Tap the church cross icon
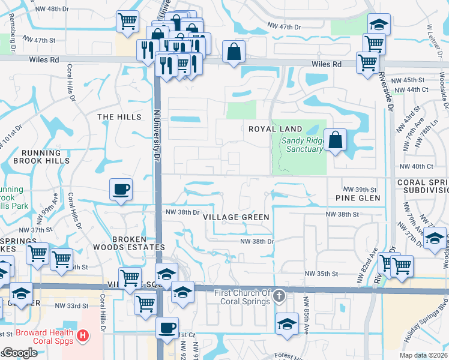click(x=279, y=296)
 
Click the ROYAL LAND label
click(x=275, y=129)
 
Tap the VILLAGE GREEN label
click(x=236, y=217)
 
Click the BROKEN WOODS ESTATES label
click(x=128, y=242)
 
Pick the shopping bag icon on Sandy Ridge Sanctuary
click(x=336, y=140)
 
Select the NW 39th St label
click(x=360, y=189)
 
